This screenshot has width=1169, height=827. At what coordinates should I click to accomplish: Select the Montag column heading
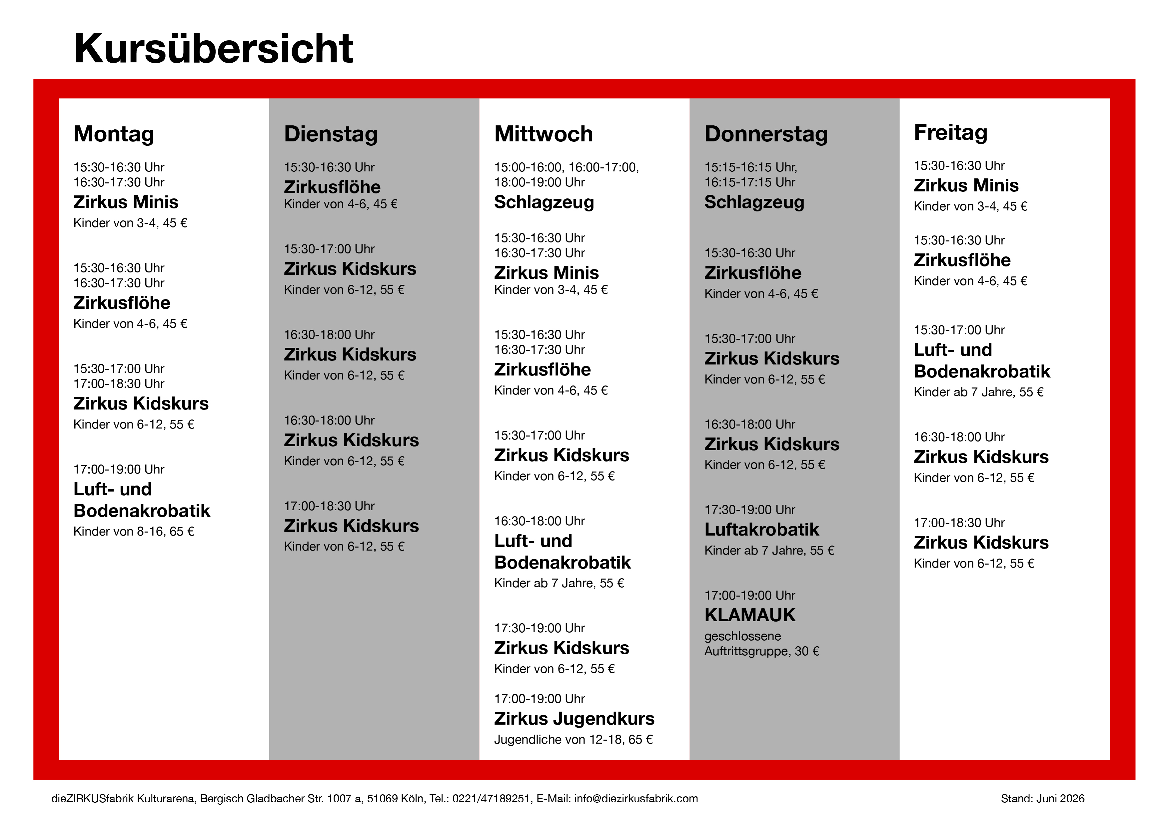pyautogui.click(x=114, y=134)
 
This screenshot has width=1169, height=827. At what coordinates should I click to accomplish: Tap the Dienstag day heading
pyautogui.click(x=331, y=134)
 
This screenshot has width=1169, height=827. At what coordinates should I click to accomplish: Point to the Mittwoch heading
pyautogui.click(x=544, y=134)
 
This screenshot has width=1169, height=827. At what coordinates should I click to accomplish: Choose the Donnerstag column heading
pyautogui.click(x=766, y=134)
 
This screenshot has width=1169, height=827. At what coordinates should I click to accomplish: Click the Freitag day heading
pyautogui.click(x=951, y=132)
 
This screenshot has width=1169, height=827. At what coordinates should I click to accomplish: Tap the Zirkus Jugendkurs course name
pyautogui.click(x=574, y=719)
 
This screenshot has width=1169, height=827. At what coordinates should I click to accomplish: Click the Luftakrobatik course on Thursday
pyautogui.click(x=762, y=530)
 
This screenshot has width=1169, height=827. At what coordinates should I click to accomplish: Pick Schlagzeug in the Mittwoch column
pyautogui.click(x=544, y=202)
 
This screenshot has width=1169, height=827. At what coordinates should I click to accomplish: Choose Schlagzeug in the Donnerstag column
pyautogui.click(x=754, y=202)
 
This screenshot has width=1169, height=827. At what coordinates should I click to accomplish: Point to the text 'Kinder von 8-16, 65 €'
pyautogui.click(x=134, y=532)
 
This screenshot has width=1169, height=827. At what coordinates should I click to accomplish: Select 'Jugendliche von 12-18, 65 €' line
pyautogui.click(x=573, y=739)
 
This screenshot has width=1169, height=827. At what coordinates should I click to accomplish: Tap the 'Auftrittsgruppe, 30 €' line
pyautogui.click(x=762, y=651)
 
